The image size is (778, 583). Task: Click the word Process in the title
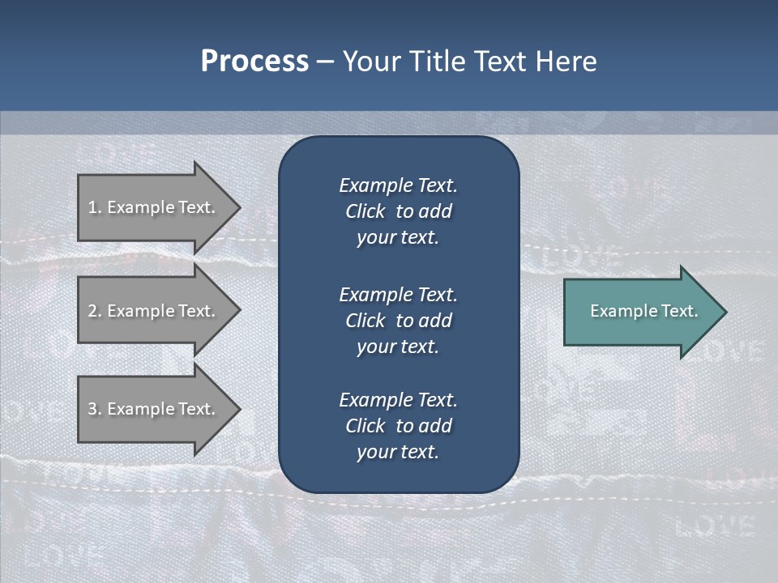(x=254, y=62)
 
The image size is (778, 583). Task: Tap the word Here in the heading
(x=565, y=62)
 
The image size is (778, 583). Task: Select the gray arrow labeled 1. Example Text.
(x=154, y=207)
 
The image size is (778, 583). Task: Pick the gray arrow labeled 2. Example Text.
(x=154, y=311)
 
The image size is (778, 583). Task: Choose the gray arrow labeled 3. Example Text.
(x=154, y=409)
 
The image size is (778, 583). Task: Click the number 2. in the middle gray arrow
(x=94, y=311)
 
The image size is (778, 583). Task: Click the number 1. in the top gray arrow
(x=94, y=207)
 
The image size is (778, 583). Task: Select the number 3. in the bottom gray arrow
(x=94, y=409)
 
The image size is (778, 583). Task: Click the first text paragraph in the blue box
(x=398, y=211)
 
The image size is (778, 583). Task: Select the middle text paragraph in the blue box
(x=398, y=320)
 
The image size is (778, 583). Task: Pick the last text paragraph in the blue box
(x=398, y=425)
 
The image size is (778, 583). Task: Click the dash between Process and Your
(x=325, y=62)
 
